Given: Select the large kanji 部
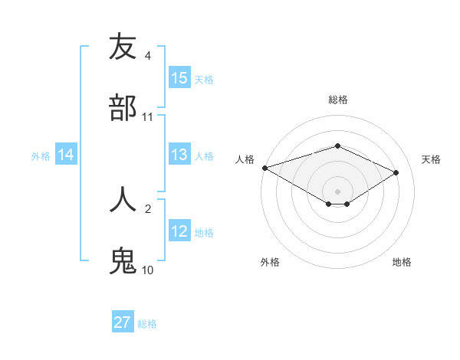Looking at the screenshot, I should (x=123, y=108).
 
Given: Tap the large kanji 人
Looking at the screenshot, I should (x=123, y=199).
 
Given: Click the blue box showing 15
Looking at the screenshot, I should (x=179, y=77).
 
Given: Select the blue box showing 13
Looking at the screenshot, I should (x=179, y=155).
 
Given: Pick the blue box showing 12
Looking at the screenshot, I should (x=179, y=231).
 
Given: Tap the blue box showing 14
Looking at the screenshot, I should (x=66, y=155).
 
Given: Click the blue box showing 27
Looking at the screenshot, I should (x=123, y=322).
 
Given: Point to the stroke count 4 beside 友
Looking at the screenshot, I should (x=147, y=56).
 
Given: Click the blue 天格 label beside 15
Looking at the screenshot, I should (x=204, y=79).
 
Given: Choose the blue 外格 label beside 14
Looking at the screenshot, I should (x=41, y=156).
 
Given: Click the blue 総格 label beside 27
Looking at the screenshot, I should (x=147, y=324).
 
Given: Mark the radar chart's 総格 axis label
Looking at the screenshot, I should (x=337, y=100).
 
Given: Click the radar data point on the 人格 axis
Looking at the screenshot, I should (x=264, y=168).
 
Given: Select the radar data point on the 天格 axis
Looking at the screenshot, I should (x=396, y=172).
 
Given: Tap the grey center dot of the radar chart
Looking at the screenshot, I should (x=337, y=191).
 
